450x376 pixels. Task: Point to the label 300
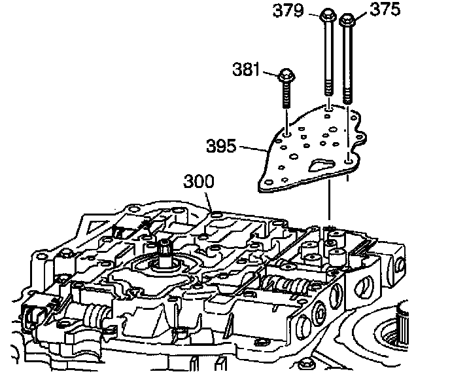click(199, 181)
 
